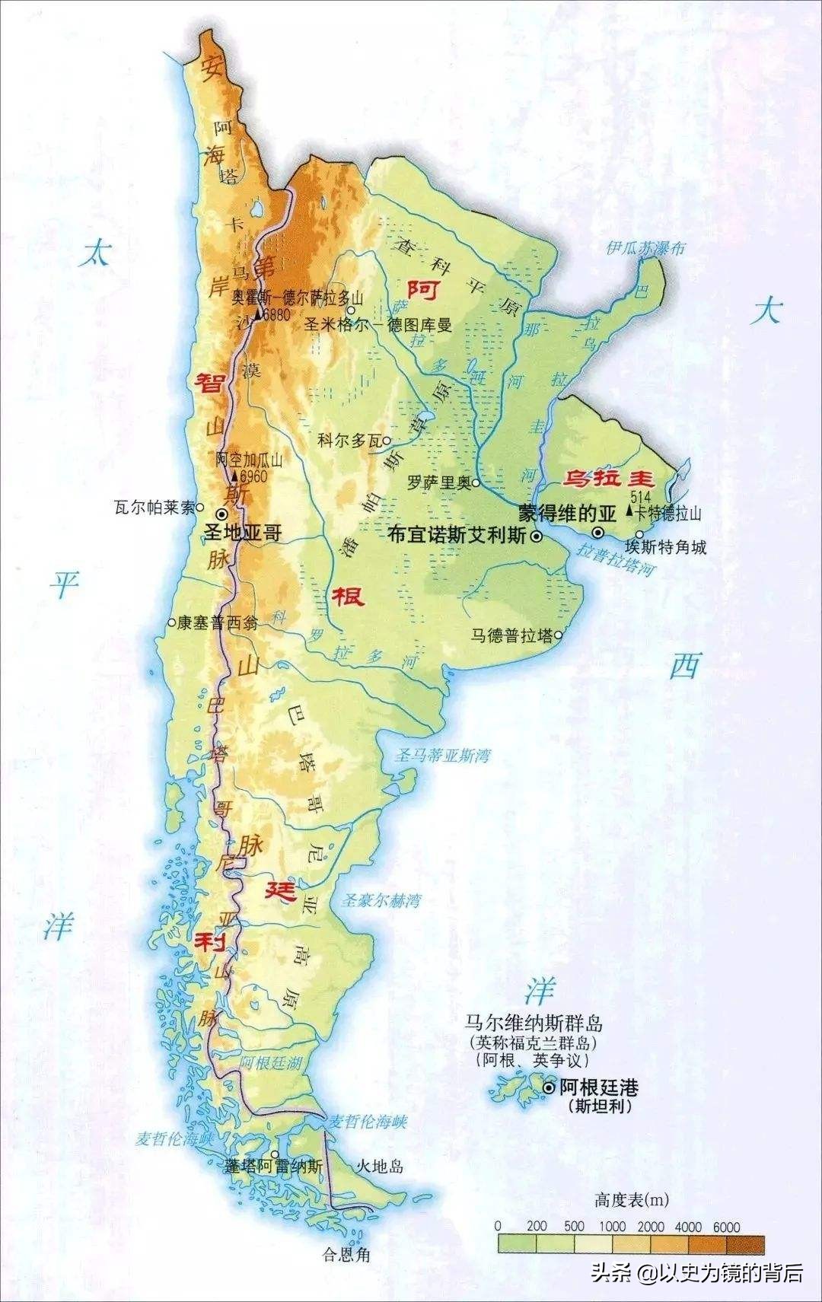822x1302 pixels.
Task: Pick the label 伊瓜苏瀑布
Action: [645, 248]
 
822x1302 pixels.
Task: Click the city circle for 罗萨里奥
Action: [475, 482]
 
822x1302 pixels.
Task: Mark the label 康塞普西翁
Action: [217, 622]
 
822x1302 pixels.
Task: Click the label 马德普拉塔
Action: [511, 635]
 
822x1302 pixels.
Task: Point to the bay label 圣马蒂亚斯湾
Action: [441, 756]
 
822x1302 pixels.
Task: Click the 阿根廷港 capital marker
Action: [549, 1089]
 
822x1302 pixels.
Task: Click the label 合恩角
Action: [346, 1254]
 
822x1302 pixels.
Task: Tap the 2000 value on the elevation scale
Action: [651, 1227]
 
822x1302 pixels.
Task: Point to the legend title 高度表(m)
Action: [632, 1201]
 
